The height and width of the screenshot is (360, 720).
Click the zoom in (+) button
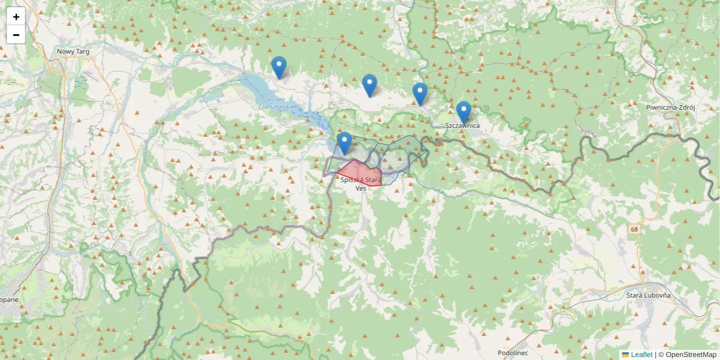(16, 17)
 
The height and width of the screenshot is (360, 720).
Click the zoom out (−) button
(16, 35)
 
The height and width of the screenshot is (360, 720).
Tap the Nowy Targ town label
(73, 52)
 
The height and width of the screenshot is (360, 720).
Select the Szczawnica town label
(463, 125)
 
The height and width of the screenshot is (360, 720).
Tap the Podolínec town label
(513, 353)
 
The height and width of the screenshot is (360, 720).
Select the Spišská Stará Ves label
(361, 184)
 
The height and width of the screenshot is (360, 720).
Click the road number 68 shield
(635, 229)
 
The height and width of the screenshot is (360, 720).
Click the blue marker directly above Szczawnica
(463, 112)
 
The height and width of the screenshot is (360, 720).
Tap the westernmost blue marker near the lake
(278, 67)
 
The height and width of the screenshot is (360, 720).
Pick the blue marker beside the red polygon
(344, 142)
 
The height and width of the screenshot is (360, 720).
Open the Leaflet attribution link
(641, 355)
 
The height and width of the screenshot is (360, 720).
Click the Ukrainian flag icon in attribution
(625, 355)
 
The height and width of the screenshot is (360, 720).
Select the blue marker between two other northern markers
(370, 85)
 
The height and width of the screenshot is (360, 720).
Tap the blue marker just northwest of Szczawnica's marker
(420, 93)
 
